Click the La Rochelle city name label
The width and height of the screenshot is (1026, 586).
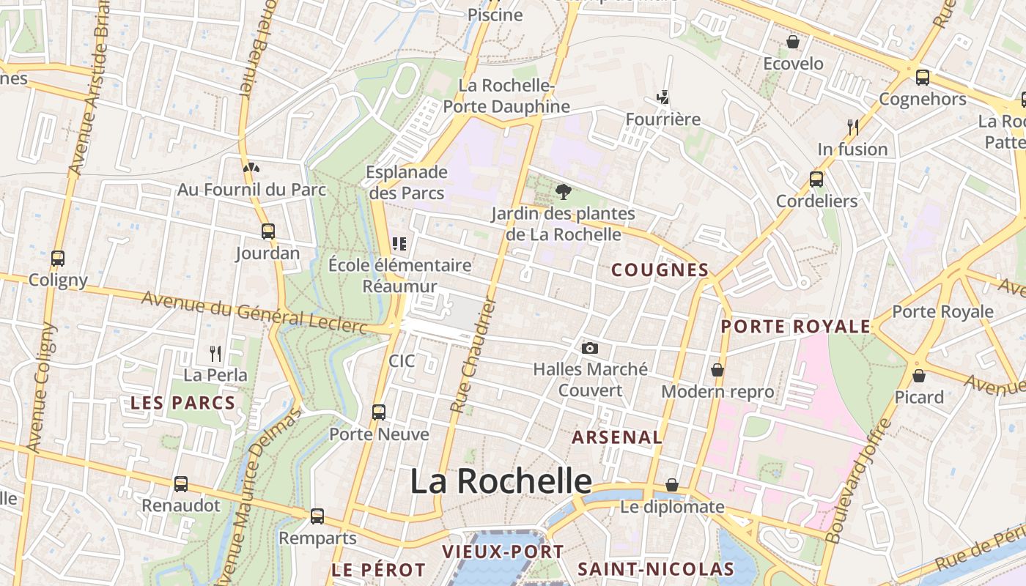[x=501, y=481]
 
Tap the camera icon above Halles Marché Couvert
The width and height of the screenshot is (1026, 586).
[x=590, y=348]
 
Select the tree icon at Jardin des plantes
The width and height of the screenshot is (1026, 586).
[x=563, y=192]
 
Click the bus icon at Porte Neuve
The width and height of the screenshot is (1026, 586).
[x=379, y=412]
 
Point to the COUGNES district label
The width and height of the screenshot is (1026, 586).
[x=660, y=270]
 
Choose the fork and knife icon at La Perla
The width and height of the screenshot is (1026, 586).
[x=215, y=354]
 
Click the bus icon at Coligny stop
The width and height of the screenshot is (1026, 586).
[x=58, y=259]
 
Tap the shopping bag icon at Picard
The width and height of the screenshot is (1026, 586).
[x=919, y=376]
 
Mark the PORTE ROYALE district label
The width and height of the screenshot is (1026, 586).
[x=796, y=327]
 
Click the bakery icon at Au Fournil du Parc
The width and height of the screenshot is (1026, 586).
[x=251, y=168]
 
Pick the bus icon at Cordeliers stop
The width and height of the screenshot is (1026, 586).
[x=816, y=179]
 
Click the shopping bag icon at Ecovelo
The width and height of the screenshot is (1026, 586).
[x=793, y=42]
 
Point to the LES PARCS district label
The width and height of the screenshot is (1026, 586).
[x=183, y=402]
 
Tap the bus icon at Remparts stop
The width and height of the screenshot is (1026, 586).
[x=317, y=516]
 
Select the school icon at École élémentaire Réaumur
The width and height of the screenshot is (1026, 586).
[x=399, y=243]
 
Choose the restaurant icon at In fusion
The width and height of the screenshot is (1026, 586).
[x=852, y=127]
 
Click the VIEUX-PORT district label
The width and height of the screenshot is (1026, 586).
[x=503, y=552]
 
